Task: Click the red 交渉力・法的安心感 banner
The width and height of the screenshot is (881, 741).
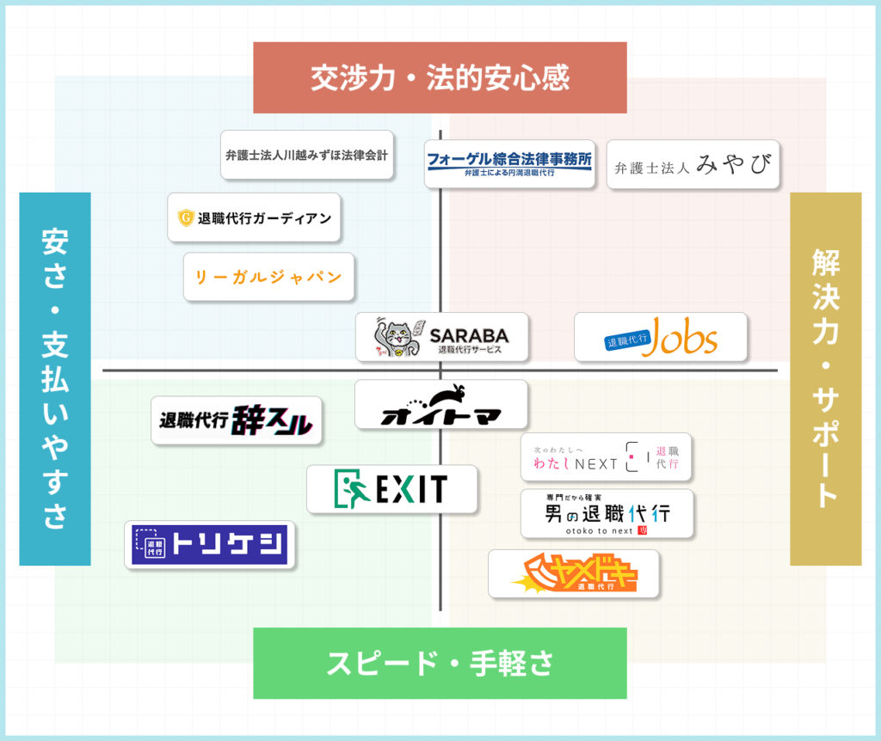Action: (x=440, y=77)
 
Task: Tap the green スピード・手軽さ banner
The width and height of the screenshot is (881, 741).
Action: (x=440, y=663)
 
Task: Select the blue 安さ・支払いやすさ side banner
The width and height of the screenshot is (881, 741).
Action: (x=55, y=378)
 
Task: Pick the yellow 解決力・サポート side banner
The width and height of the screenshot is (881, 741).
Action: (x=825, y=378)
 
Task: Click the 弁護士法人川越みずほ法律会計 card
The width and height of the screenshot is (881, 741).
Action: (x=307, y=155)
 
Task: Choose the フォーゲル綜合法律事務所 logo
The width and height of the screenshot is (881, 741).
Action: (x=510, y=162)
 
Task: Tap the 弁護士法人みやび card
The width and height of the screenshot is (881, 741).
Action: (x=693, y=164)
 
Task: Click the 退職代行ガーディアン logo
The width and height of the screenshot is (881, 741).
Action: (x=255, y=217)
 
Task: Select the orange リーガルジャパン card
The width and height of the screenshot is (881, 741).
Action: (x=268, y=277)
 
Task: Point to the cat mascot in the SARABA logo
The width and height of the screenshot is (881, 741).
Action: (x=396, y=337)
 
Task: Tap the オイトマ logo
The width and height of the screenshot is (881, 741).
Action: (x=440, y=405)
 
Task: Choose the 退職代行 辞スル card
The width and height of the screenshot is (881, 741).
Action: (x=237, y=420)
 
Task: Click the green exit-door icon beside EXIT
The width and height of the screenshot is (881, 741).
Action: (x=350, y=488)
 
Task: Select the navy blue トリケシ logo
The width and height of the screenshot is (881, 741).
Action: (x=210, y=544)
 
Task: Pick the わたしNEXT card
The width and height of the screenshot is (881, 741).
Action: (x=606, y=457)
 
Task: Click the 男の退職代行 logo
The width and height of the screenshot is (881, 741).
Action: (x=607, y=514)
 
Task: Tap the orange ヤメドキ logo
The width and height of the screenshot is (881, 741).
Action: (x=573, y=573)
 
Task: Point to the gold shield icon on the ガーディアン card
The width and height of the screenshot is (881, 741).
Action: (x=186, y=218)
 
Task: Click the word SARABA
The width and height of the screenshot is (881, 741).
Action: (x=469, y=335)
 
